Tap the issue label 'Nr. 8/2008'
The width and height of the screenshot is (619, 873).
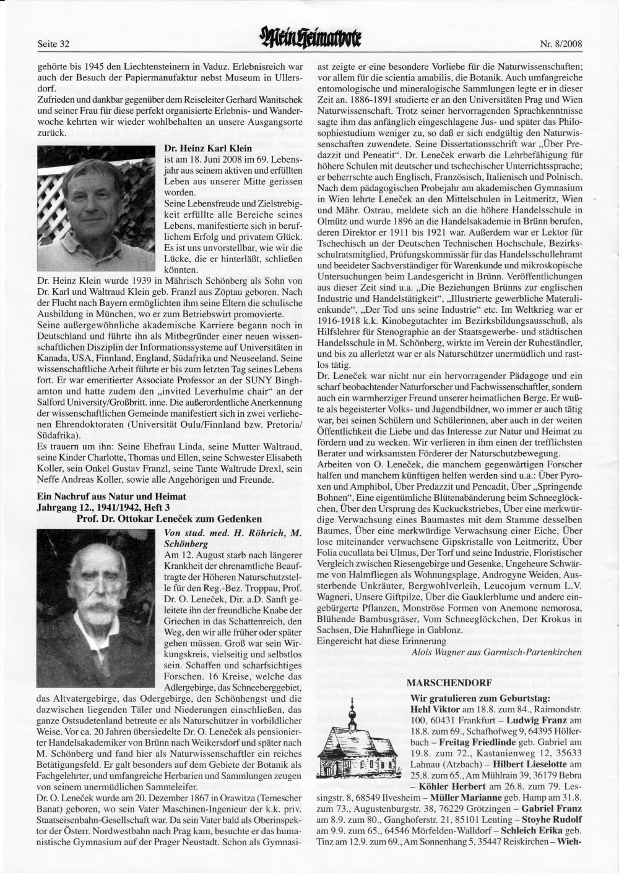pyautogui.click(x=560, y=44)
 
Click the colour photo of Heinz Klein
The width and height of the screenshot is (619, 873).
pyautogui.click(x=98, y=206)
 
